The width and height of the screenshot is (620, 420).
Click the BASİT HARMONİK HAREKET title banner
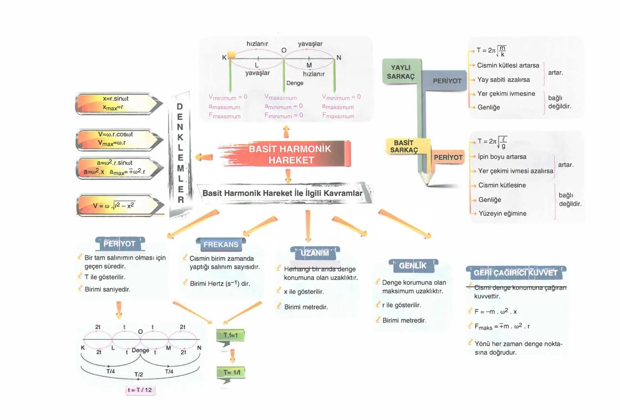[289, 154]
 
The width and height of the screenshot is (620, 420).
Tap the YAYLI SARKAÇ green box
[401, 72]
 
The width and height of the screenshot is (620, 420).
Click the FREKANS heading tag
[221, 245]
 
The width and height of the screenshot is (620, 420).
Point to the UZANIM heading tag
[315, 253]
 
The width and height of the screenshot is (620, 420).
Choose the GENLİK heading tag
[413, 266]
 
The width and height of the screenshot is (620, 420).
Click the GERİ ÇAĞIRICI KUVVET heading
[515, 273]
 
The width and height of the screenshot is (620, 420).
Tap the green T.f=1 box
[230, 335]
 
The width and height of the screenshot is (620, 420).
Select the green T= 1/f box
[231, 372]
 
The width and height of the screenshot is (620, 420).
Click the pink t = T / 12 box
[140, 390]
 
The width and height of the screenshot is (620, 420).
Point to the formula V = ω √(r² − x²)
[114, 206]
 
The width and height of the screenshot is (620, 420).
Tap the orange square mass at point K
[231, 55]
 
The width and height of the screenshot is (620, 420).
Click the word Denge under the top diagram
[294, 83]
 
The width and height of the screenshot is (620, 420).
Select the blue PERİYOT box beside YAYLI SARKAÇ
[447, 81]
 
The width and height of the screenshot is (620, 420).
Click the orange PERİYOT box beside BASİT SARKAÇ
[448, 157]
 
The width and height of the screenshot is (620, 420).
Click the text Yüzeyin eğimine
[502, 213]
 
